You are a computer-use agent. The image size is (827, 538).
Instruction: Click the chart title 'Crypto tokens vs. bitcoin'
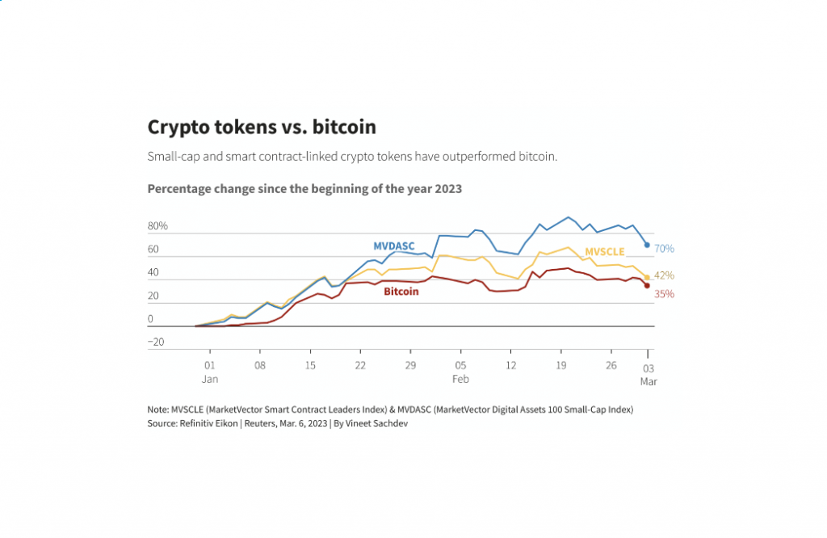tap(262, 127)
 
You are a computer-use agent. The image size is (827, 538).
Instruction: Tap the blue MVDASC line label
tap(393, 246)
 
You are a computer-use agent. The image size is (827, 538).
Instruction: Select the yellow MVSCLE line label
tap(605, 251)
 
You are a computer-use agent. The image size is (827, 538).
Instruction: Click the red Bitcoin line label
tap(401, 292)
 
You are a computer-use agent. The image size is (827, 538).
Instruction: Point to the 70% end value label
tap(664, 248)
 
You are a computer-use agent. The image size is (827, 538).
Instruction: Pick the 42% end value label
tap(664, 275)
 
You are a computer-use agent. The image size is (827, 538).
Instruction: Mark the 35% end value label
tap(664, 294)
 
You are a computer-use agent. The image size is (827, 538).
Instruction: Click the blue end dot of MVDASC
tap(647, 245)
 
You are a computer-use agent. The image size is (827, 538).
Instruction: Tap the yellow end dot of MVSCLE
tap(647, 277)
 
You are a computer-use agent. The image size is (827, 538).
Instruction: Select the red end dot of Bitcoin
tap(647, 285)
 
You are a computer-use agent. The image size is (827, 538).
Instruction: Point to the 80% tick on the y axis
tap(157, 226)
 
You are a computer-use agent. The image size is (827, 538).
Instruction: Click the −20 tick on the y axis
tap(156, 342)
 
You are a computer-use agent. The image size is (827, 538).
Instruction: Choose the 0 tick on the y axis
tap(150, 319)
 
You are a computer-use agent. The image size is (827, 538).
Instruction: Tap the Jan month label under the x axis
tap(210, 379)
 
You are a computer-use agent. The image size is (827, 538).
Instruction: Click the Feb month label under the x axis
tap(460, 379)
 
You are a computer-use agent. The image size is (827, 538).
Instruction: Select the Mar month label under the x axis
tap(649, 381)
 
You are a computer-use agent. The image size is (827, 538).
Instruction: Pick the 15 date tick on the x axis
tap(310, 365)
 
